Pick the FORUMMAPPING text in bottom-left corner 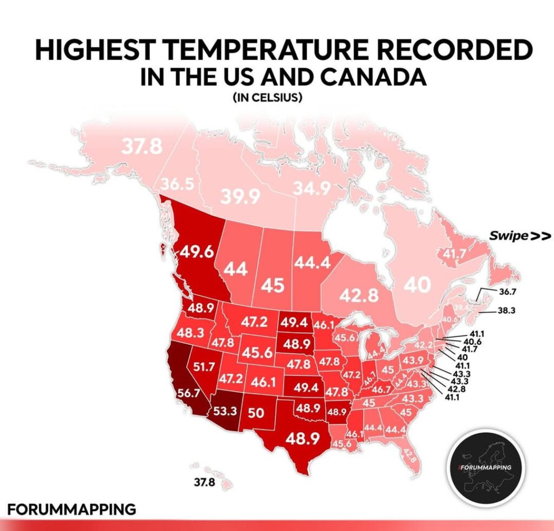(x=71, y=509)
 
